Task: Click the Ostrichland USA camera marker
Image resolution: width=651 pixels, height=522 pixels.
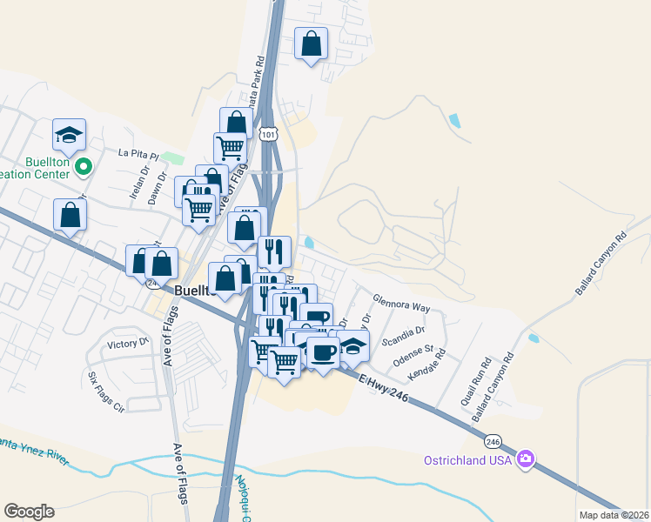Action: coord(525,459)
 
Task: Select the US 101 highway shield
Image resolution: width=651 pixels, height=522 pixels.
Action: coord(268,132)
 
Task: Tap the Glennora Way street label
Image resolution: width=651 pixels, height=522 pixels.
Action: coord(401,305)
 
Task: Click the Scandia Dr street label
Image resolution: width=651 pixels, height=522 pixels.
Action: coord(408,331)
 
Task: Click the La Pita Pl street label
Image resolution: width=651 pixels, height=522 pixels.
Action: coord(139,154)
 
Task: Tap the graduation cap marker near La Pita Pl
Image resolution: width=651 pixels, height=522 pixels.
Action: coord(69,134)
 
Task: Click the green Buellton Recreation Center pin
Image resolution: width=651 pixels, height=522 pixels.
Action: coord(83,164)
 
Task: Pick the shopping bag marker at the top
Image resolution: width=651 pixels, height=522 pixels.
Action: coord(312,43)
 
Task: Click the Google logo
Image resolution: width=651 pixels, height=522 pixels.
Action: coord(29,512)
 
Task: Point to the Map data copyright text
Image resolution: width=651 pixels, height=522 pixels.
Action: coord(614,515)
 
